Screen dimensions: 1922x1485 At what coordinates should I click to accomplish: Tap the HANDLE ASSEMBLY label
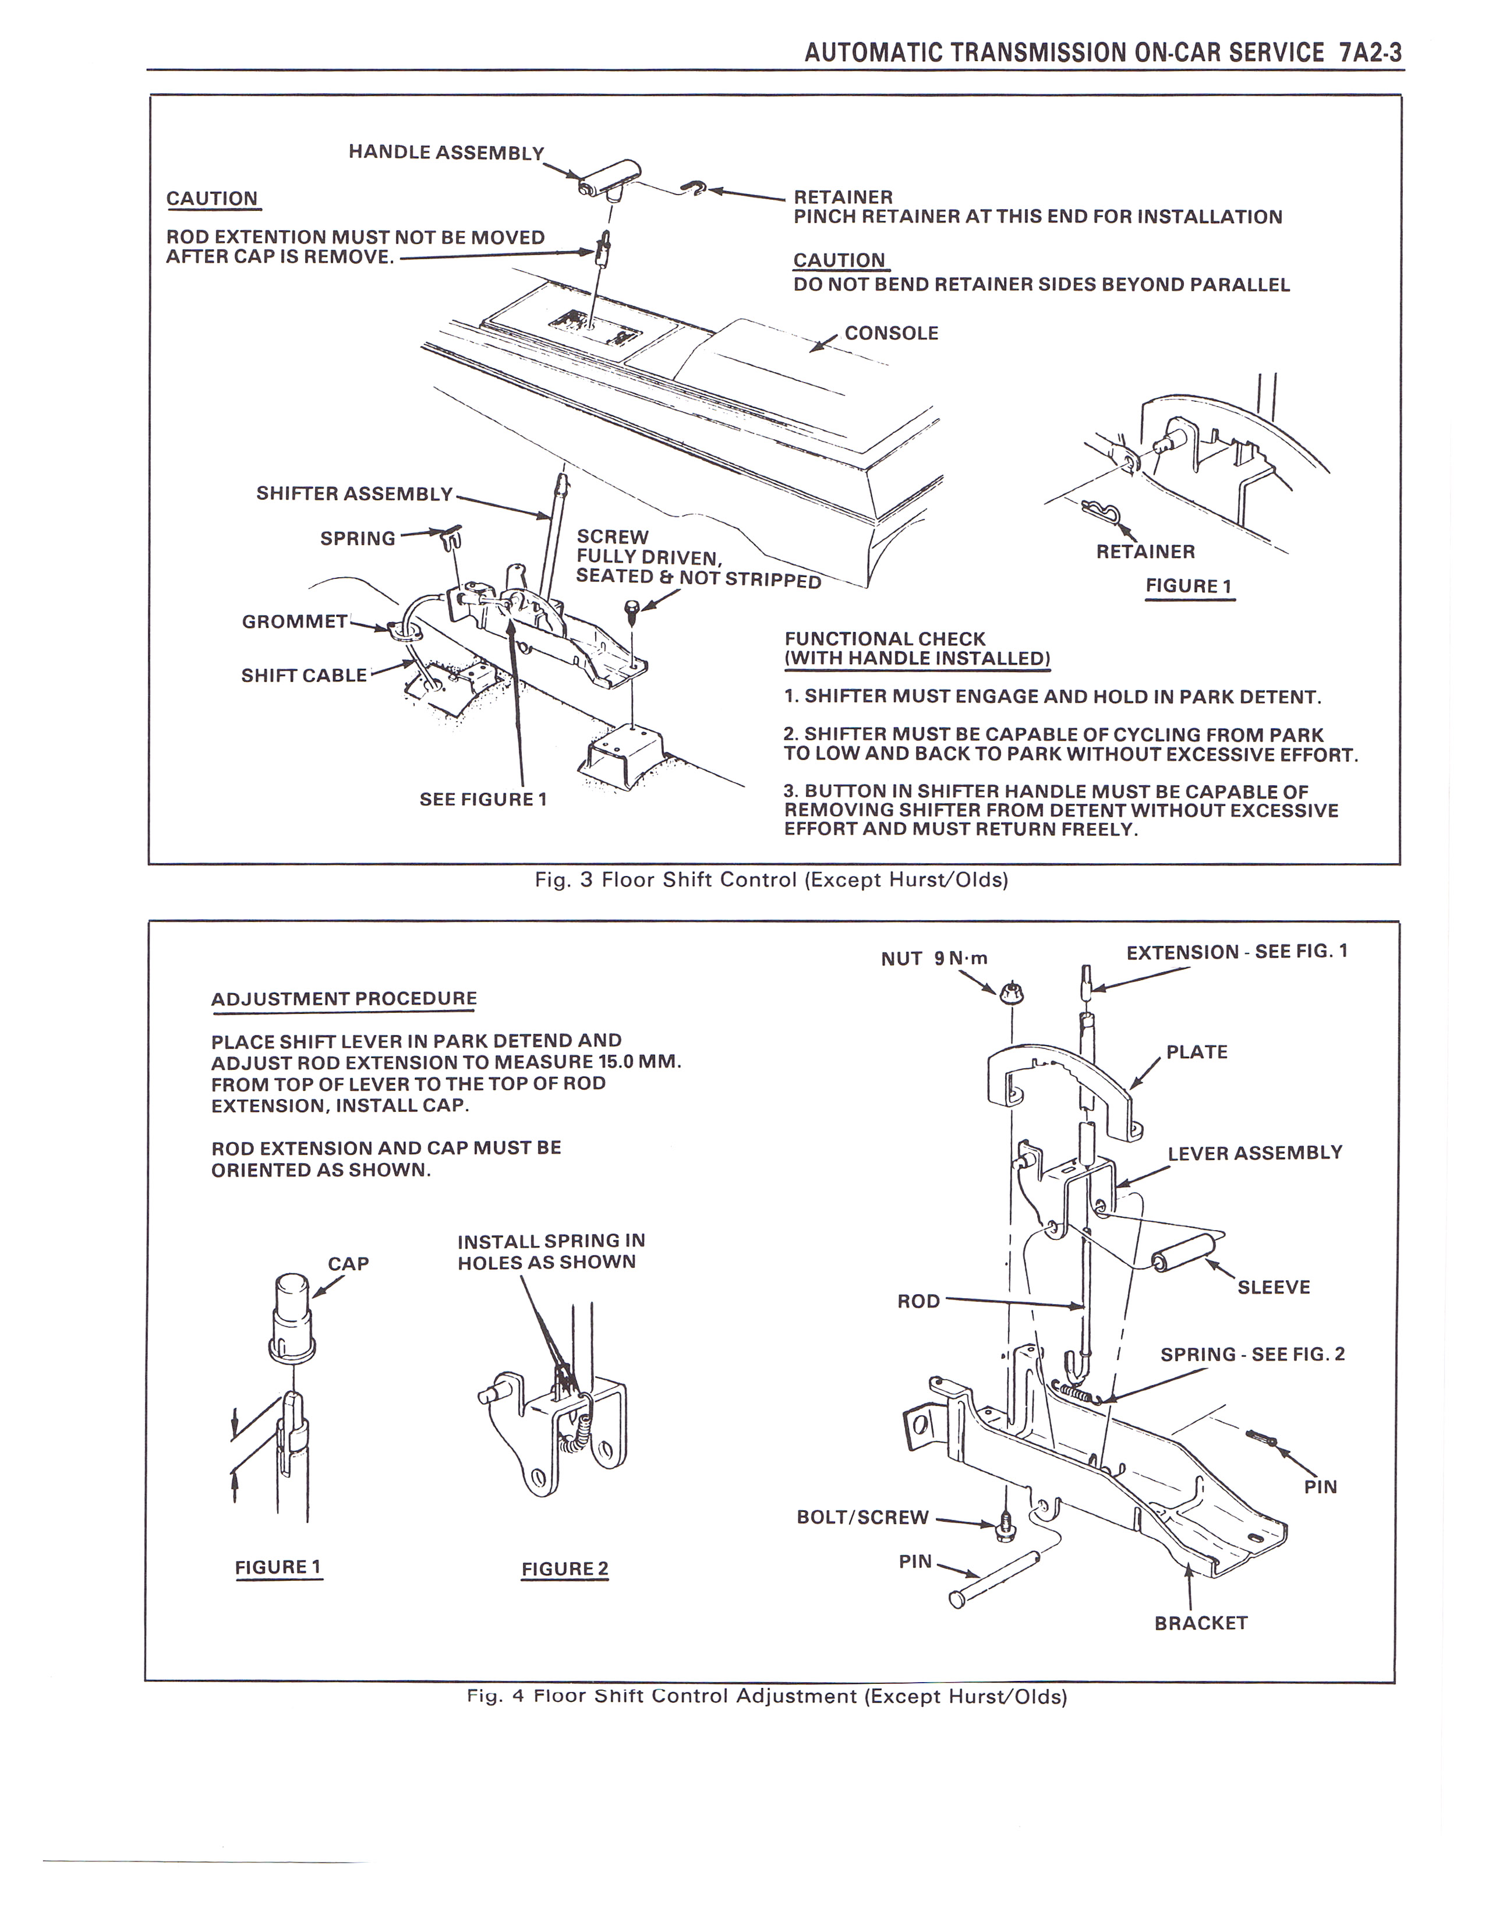[446, 152]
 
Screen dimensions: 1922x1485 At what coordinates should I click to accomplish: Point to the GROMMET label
[295, 622]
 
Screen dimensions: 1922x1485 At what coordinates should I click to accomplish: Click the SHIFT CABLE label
[303, 676]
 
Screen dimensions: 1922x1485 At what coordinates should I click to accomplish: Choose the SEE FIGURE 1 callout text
[483, 799]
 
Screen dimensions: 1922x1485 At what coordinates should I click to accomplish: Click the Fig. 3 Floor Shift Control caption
[770, 880]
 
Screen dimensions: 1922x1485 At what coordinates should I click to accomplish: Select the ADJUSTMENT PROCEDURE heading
[344, 999]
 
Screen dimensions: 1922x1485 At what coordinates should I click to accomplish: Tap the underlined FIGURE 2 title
[565, 1569]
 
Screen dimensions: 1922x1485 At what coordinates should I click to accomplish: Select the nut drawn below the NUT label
[1010, 992]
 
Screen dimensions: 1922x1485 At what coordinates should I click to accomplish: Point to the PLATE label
[1197, 1052]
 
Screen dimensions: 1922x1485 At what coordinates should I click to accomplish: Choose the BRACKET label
[1201, 1623]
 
